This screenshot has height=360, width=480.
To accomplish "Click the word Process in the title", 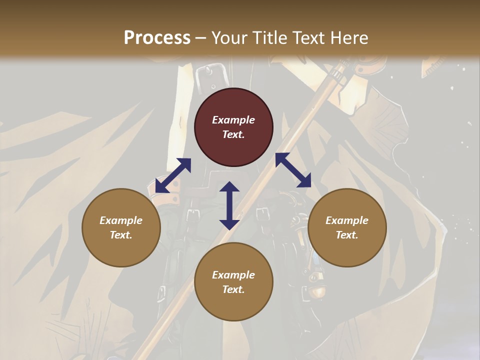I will click(157, 38).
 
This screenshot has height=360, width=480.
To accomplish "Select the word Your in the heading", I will click(227, 38).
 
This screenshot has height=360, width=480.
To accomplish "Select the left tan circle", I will click(121, 227).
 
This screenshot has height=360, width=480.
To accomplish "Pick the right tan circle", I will click(347, 227).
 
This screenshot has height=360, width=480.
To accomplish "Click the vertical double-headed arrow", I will click(229, 205).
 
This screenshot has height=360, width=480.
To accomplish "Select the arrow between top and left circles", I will click(173, 175).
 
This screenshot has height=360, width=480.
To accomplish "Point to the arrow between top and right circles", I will click(293, 170).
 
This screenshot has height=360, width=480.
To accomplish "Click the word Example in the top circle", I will click(233, 120).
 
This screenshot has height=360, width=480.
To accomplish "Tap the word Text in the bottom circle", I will click(233, 289).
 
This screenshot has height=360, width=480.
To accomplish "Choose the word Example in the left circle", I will click(121, 220).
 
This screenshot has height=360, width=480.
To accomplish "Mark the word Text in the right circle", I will click(347, 235).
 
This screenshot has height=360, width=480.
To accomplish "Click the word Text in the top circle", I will click(233, 134).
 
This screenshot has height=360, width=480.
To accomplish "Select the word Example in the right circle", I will click(347, 220).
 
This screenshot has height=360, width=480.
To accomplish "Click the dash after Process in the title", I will click(201, 38).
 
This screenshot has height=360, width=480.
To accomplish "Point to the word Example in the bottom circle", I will click(233, 275).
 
